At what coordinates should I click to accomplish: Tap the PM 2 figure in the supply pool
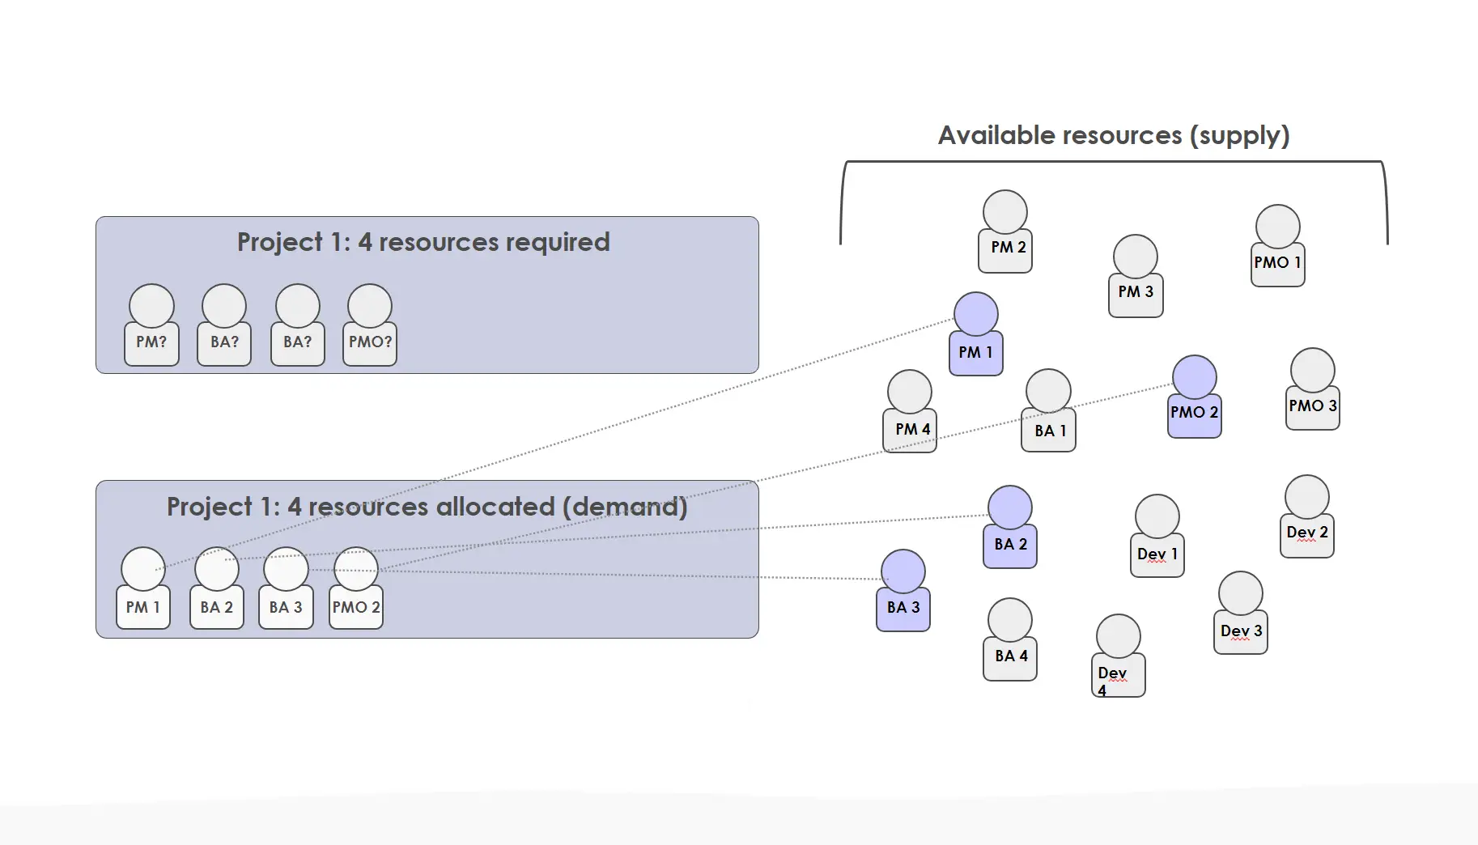1005,231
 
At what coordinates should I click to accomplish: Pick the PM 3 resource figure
1136,276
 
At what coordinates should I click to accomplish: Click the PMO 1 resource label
1277,262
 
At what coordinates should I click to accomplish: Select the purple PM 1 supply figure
976,333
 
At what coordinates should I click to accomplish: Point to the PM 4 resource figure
910,411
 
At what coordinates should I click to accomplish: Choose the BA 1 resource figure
1048,410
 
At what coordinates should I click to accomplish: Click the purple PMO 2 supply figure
1195,397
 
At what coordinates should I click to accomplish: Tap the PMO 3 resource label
1313,406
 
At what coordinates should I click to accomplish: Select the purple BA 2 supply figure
1010,527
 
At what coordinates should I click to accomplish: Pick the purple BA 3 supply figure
903,591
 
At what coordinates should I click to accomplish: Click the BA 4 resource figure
1010,639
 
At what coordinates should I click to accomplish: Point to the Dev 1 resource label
1157,554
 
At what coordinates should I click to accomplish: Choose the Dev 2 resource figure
1307,516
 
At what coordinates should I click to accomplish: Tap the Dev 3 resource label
1242,631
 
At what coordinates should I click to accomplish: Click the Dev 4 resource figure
1119,656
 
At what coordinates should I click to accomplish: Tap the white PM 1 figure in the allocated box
143,588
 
